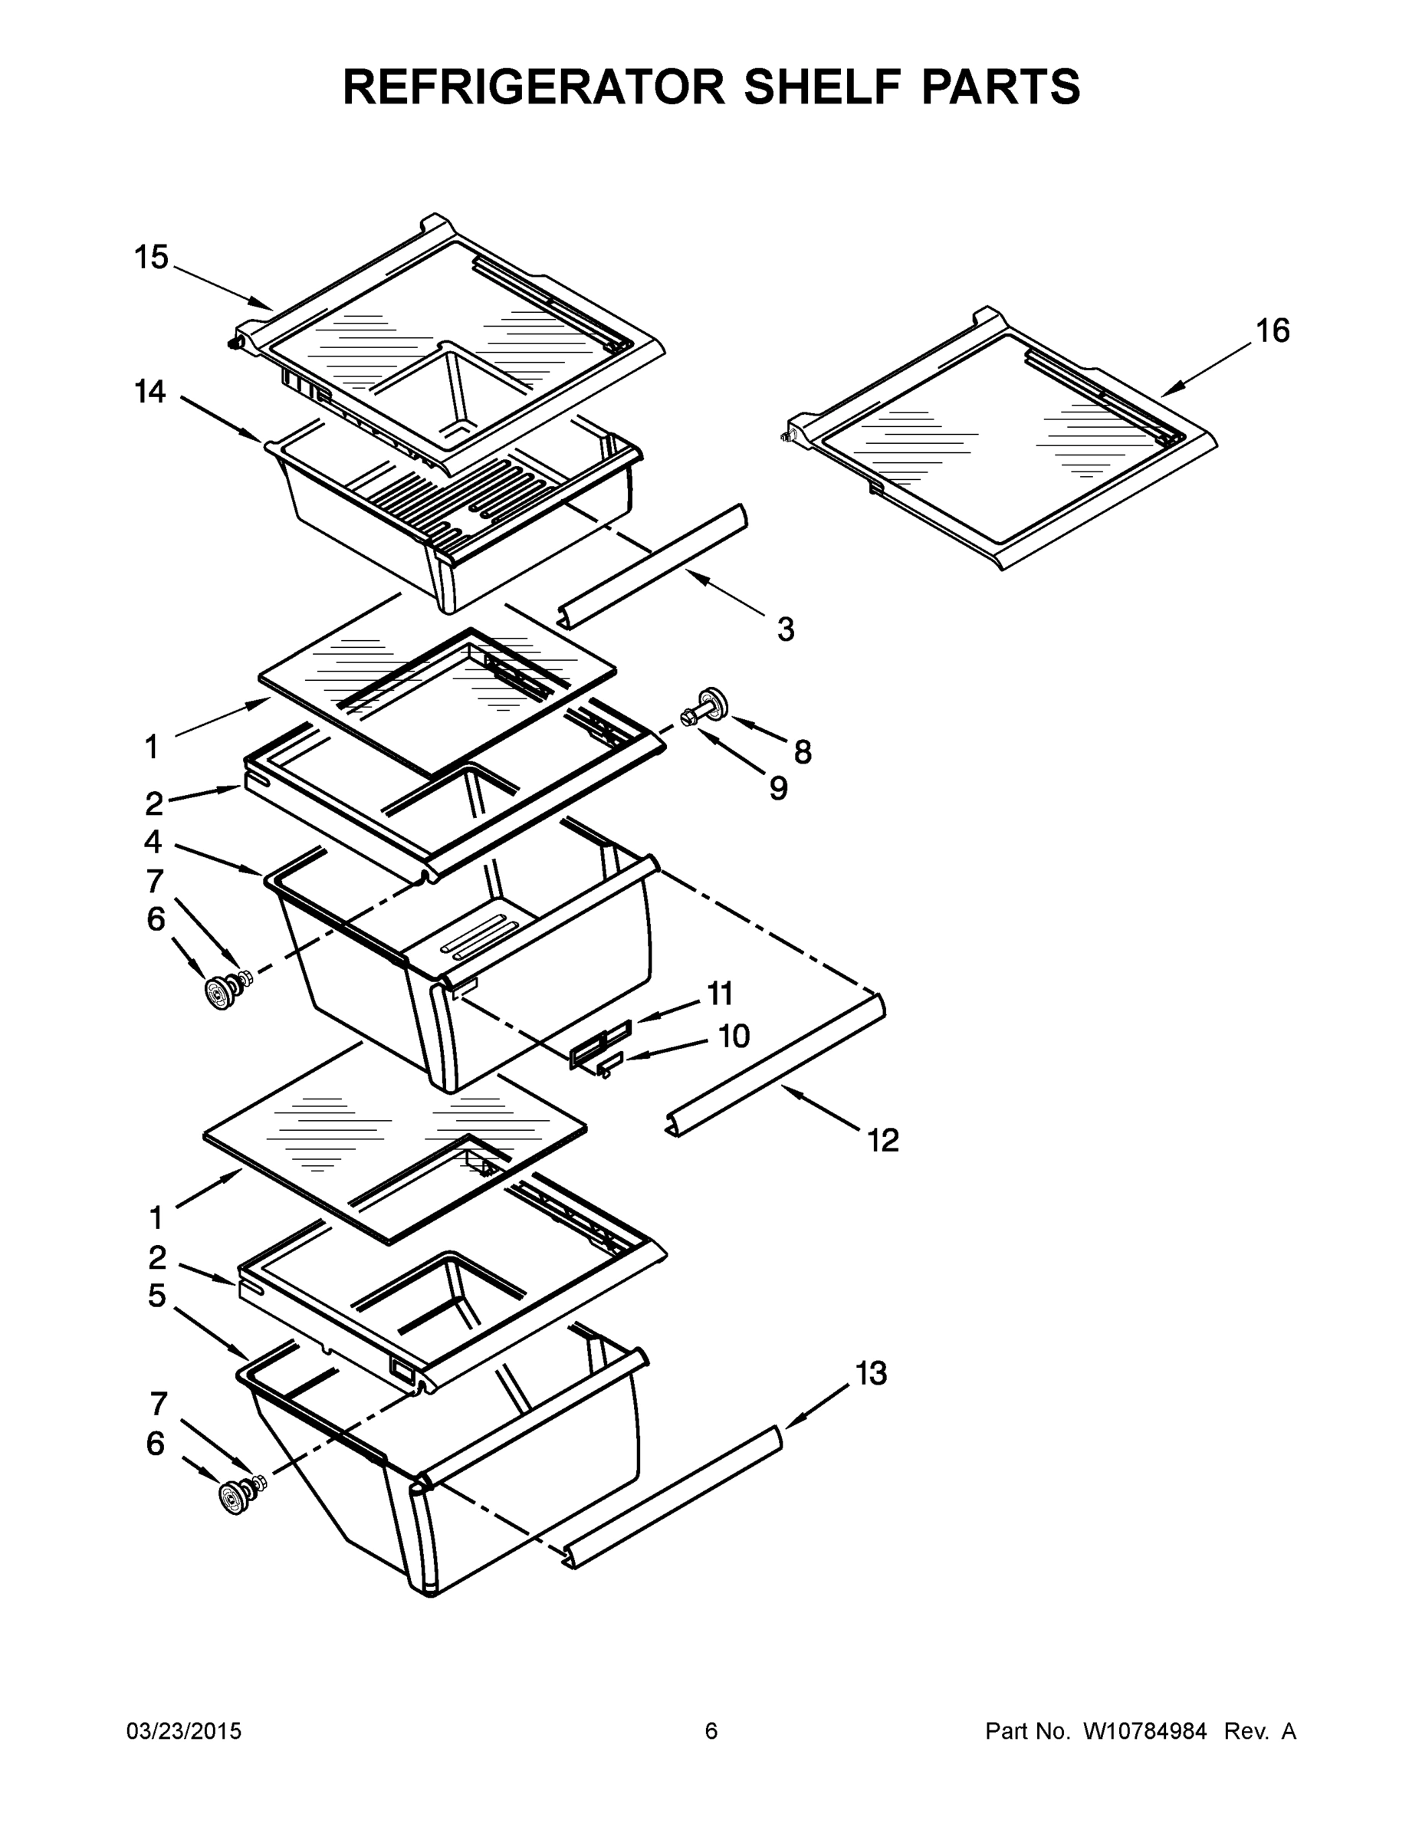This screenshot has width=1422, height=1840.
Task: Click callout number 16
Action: tap(1273, 331)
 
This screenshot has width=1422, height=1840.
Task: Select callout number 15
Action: tap(152, 258)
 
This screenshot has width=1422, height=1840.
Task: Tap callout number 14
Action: tap(151, 392)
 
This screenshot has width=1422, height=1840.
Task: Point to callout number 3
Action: tap(785, 629)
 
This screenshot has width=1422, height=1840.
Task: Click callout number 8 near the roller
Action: tap(802, 752)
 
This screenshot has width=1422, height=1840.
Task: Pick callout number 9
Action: tap(778, 789)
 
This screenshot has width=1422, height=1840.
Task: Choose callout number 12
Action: tap(884, 1141)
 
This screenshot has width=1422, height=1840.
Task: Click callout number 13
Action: tap(872, 1373)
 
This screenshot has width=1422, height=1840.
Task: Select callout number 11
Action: tap(719, 994)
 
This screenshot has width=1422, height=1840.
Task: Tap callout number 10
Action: tap(734, 1037)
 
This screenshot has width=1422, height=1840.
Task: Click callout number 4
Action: tap(153, 841)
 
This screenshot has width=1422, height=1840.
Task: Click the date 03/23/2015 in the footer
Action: tap(184, 1730)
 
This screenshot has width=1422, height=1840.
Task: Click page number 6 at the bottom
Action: tap(711, 1730)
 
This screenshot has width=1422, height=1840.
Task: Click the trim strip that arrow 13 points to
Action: tap(674, 1497)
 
